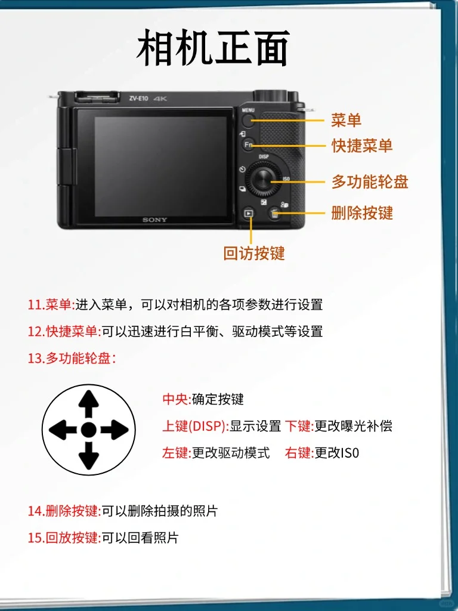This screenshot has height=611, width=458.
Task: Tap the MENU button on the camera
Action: point(249,121)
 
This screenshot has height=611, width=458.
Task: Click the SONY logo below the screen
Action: point(154,220)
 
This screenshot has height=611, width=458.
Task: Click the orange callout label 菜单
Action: point(346,120)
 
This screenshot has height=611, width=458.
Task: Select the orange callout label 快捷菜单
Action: point(362,145)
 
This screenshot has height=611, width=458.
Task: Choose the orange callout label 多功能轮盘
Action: point(370,182)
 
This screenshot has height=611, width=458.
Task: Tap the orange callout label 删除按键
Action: point(362,213)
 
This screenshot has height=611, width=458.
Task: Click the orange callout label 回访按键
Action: point(254,253)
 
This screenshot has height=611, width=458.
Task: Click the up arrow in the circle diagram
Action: point(89,403)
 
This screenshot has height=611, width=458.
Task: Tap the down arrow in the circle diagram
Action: point(89,456)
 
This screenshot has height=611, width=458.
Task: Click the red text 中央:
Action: point(177,399)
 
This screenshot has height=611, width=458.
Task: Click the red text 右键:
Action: point(299,453)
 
